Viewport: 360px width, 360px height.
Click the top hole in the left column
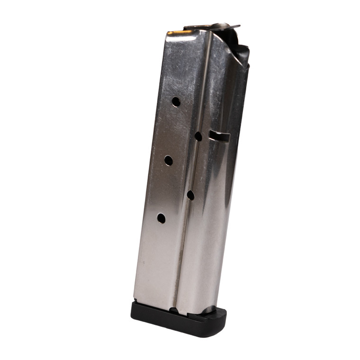click(x=176, y=101)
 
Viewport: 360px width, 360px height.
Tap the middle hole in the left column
click(x=169, y=160)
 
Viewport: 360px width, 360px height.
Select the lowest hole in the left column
click(x=161, y=218)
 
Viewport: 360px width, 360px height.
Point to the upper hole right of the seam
click(x=198, y=136)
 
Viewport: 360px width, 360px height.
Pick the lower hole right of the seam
click(x=190, y=195)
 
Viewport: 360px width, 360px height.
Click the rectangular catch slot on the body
click(x=219, y=137)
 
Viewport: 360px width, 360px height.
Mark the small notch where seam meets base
click(x=173, y=310)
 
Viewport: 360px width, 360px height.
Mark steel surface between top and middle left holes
click(x=172, y=130)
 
